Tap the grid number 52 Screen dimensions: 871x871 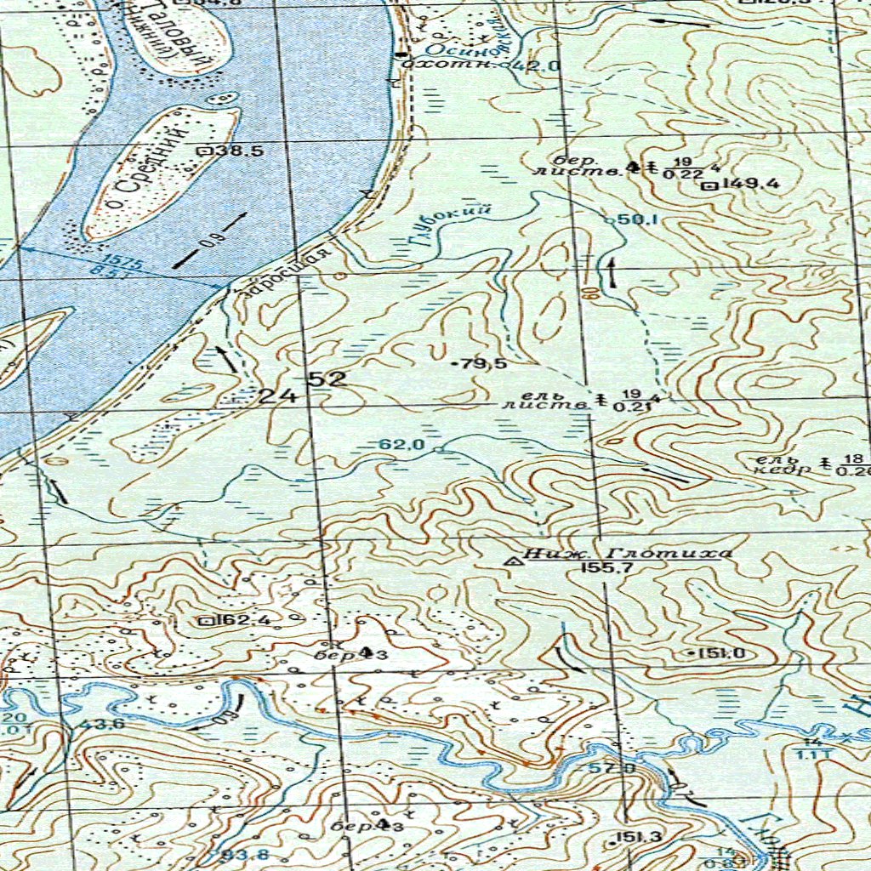point(327,379)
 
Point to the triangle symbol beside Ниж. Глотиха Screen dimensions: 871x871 point(513,561)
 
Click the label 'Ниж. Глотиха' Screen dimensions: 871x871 point(628,554)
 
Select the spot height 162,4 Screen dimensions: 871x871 point(242,620)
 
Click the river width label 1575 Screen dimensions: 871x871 point(115,262)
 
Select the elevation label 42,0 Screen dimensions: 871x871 point(542,65)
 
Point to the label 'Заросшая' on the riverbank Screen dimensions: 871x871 point(286,273)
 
